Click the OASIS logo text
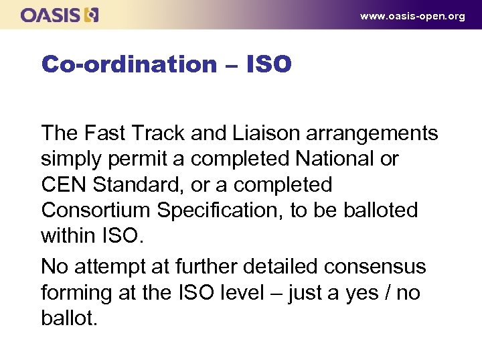click(x=51, y=15)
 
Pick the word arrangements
click(x=372, y=133)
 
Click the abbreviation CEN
click(x=64, y=184)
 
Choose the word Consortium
click(x=96, y=210)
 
